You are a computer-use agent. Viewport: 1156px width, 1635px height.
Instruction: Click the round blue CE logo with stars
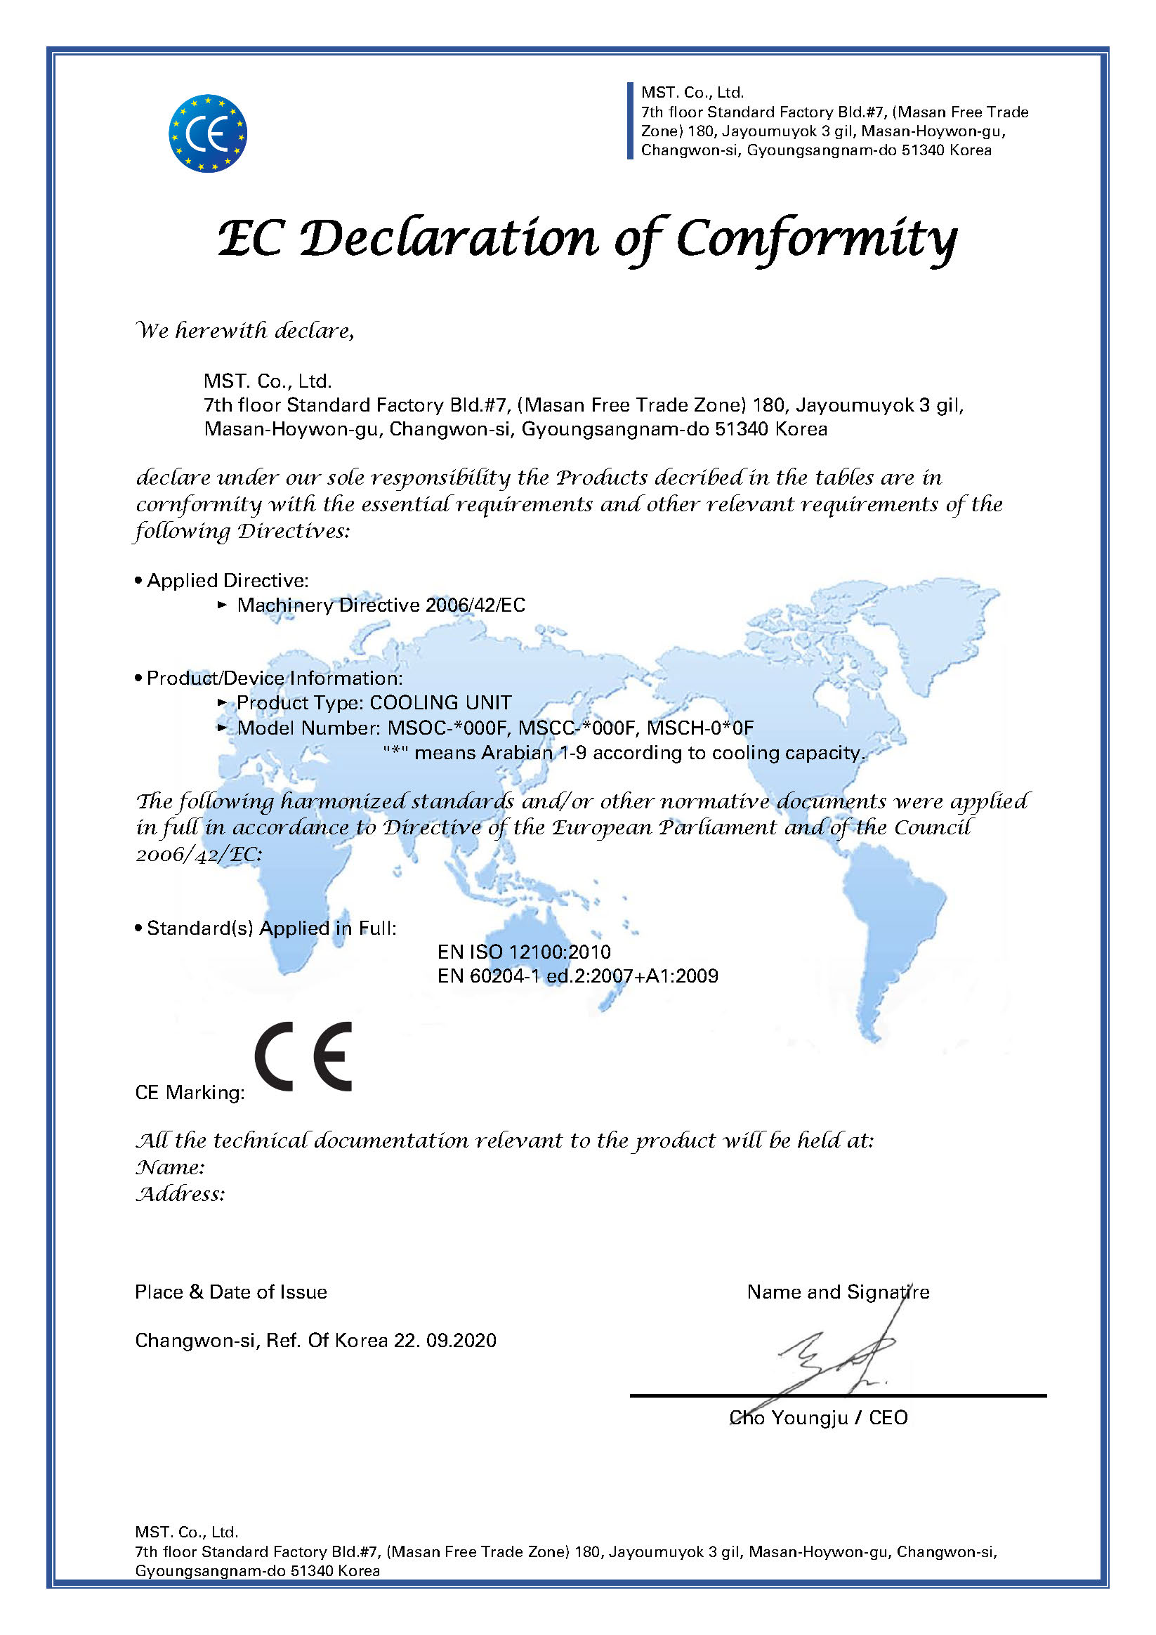207,133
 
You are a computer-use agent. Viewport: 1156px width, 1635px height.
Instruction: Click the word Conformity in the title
815,239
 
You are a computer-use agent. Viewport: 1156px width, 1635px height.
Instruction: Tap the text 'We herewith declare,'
244,330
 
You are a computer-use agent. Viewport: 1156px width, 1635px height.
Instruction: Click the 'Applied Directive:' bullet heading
228,580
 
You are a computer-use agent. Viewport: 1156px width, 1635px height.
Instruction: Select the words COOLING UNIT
440,703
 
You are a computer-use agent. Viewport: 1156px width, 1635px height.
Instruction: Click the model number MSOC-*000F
448,728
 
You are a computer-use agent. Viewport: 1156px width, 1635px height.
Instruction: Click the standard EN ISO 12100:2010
523,952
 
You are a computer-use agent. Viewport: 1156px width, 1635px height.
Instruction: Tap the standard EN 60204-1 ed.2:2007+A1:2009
577,976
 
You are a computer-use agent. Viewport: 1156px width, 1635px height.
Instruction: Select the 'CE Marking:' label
190,1092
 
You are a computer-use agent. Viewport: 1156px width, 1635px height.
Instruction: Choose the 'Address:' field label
180,1194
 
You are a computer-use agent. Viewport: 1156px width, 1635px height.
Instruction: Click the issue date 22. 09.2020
445,1340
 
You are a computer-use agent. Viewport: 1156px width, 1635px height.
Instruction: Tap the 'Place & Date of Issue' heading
231,1292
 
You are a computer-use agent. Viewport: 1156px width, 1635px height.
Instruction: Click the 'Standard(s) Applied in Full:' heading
271,928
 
